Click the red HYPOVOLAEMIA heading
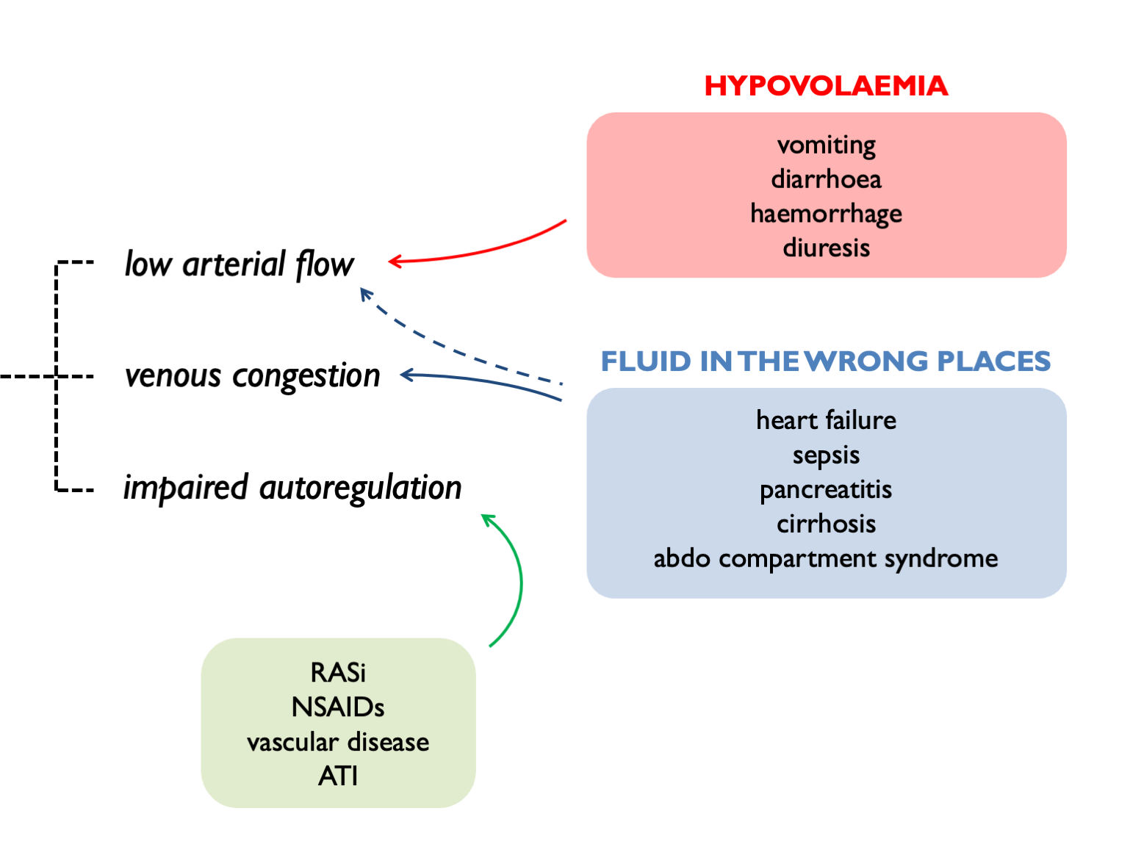[x=826, y=86]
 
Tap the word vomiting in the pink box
[x=826, y=145]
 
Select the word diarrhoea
[x=826, y=179]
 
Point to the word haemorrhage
[x=826, y=214]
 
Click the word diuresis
[x=826, y=248]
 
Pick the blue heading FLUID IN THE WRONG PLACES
[x=826, y=361]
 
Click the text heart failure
[x=826, y=420]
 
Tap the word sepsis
[x=826, y=455]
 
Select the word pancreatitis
[x=826, y=490]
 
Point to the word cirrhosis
[x=826, y=524]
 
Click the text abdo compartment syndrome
[x=826, y=558]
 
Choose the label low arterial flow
[x=239, y=264]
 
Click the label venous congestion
[x=252, y=376]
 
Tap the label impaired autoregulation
[x=292, y=488]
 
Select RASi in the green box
[x=338, y=672]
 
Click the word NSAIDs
[x=338, y=707]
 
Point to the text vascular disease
[x=338, y=742]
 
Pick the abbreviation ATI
[x=338, y=776]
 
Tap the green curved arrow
[x=519, y=580]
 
